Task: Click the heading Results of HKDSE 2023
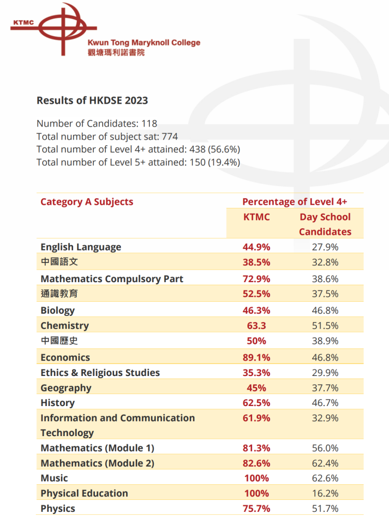[92, 100]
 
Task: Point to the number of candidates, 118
[148, 123]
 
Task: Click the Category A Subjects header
[87, 202]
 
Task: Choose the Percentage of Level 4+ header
[295, 202]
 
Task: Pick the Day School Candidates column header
[325, 224]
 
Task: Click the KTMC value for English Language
[256, 247]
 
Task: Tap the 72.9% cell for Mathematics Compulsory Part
[256, 278]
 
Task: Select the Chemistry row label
[64, 326]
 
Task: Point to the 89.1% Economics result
[256, 357]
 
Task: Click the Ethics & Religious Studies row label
[100, 372]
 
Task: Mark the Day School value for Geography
[325, 388]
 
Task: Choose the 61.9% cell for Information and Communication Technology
[256, 418]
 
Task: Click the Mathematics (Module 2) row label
[98, 463]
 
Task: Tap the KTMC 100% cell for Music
[256, 478]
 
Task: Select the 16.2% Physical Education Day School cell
[325, 493]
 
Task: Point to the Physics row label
[58, 508]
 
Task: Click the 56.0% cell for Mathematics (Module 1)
[325, 448]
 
